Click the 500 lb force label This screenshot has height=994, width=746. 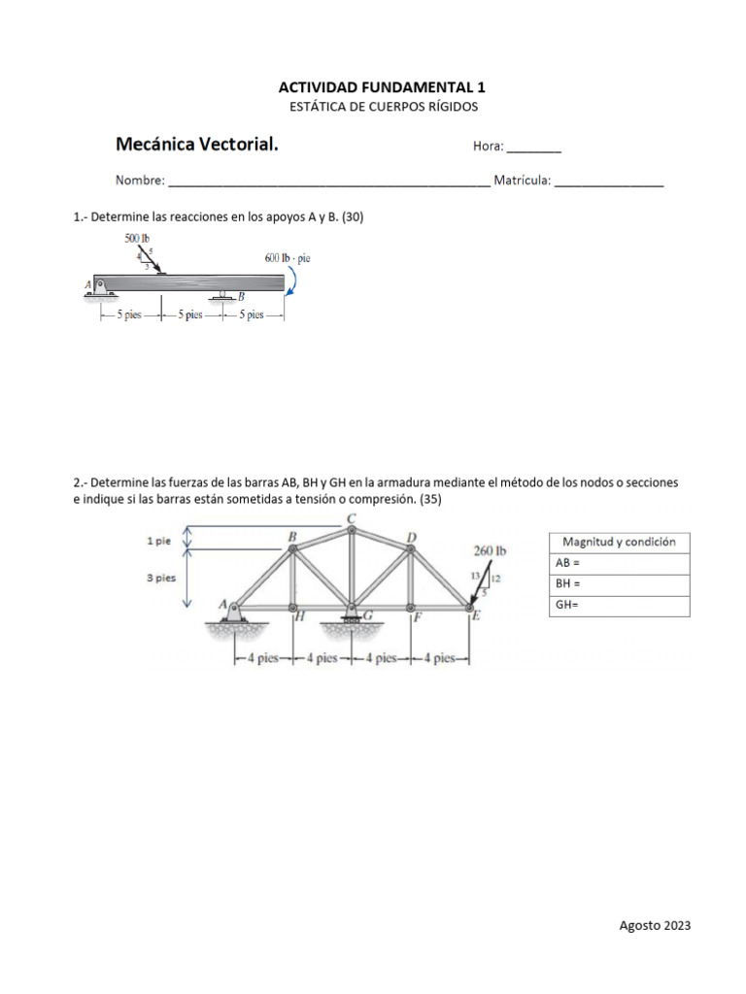tap(137, 238)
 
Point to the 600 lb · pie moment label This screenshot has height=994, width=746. tap(287, 258)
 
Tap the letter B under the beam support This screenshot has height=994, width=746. tap(242, 297)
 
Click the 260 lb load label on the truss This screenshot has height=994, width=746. tap(491, 550)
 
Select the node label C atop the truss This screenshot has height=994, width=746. tap(352, 519)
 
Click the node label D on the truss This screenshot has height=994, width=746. tap(412, 536)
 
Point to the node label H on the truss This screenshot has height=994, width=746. tap(300, 615)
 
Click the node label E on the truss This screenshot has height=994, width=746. tap(475, 615)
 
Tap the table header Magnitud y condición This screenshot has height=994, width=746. tap(620, 542)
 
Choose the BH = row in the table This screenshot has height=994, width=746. tap(620, 585)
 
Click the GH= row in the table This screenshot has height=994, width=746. tap(620, 606)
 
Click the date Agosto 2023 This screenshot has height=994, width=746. tap(655, 926)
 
